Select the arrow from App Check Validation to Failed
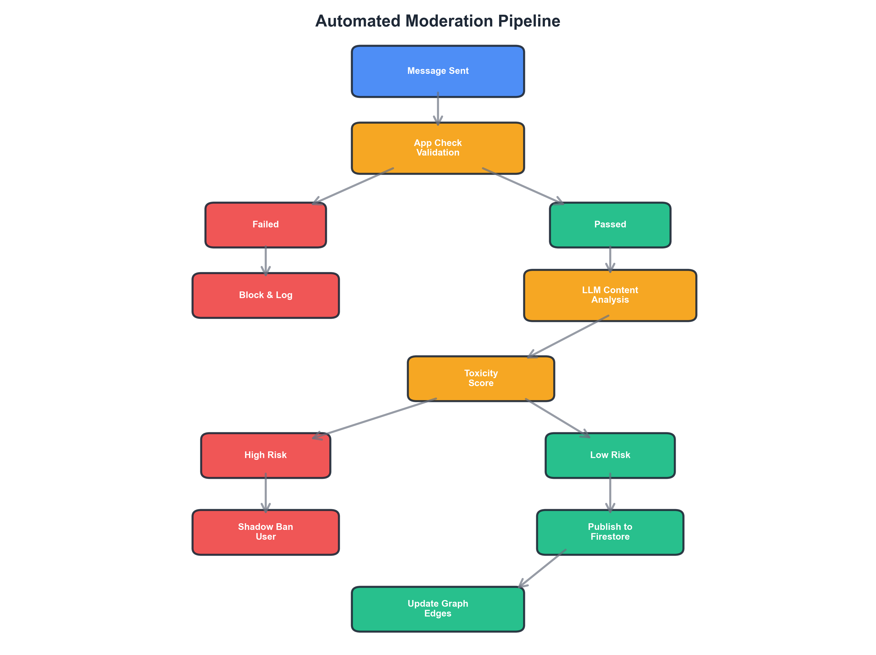coord(354,186)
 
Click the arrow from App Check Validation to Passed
coord(522,186)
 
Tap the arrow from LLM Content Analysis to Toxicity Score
coord(569,337)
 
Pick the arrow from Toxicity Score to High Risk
coord(375,418)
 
